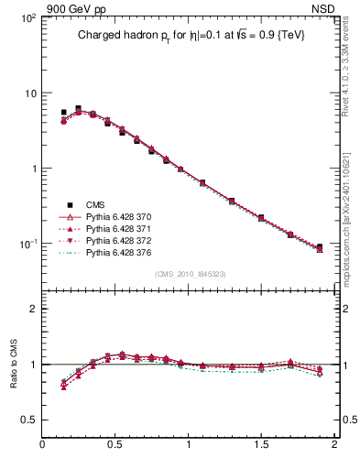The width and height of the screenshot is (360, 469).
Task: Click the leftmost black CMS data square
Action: (63, 113)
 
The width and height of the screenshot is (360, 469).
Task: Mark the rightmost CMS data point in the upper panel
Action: (320, 247)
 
